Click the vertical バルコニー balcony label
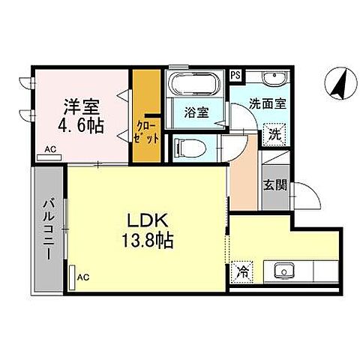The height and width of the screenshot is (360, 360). [46, 228]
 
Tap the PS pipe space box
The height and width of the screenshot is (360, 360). [235, 74]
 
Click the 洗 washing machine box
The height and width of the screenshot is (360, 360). [274, 135]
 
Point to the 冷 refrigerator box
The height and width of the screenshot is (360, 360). [242, 272]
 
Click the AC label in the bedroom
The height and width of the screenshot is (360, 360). [51, 149]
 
